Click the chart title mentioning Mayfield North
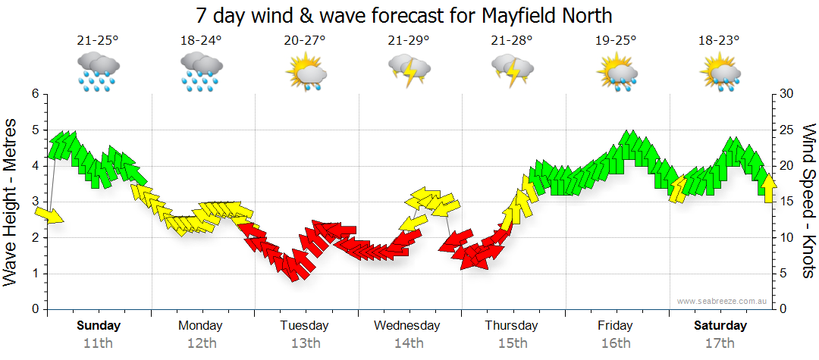click(403, 15)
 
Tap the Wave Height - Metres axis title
click(11, 202)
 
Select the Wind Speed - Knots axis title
click(808, 201)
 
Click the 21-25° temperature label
click(97, 41)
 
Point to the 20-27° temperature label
click(305, 41)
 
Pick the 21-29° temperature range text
click(408, 41)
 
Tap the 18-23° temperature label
click(718, 41)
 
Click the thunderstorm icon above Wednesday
click(409, 71)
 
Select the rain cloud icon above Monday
click(201, 72)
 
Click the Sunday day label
click(98, 326)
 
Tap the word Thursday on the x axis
click(511, 326)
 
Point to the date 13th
click(305, 343)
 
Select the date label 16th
click(615, 343)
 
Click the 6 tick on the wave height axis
click(34, 94)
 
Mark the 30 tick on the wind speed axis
click(787, 94)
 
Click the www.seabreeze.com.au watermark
click(723, 301)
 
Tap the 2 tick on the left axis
click(34, 238)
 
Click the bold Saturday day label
click(720, 326)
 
